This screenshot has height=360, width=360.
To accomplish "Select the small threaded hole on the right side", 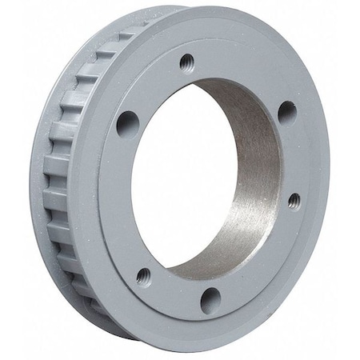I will tap(294, 200).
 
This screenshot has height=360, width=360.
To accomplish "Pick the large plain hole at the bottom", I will tap(210, 300).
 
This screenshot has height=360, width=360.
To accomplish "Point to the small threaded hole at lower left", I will tap(143, 277).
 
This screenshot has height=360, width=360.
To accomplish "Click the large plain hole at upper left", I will tap(126, 122).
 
